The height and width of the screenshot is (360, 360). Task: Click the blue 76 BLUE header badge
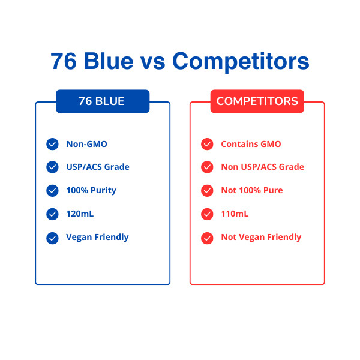point(103,101)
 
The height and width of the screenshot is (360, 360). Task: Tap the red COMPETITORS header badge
point(257,101)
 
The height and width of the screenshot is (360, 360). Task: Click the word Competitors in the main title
point(241,61)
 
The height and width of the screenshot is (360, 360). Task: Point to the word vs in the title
point(152,62)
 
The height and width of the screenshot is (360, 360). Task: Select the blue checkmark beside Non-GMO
point(52,144)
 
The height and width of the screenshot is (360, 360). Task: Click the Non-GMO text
point(86,144)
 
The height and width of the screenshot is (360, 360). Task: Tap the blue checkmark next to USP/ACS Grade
point(52,167)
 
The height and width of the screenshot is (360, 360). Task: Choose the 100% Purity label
point(91,191)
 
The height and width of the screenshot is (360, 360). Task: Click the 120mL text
point(80,214)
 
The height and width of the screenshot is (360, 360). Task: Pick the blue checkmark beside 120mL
point(52,214)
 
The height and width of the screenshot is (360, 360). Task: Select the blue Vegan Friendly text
point(97,238)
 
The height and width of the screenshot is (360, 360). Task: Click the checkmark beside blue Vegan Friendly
point(52,238)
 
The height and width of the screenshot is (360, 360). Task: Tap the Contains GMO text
point(251,144)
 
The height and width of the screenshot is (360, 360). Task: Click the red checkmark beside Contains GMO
point(207,144)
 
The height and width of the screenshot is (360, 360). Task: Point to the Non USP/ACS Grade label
point(262,167)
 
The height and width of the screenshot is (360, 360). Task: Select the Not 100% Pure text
point(252,190)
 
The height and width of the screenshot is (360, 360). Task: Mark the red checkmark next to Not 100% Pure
point(207,191)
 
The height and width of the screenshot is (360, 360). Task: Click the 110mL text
point(235,214)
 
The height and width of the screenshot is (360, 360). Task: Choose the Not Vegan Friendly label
point(261,238)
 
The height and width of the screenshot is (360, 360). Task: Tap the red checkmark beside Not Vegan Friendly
point(207,238)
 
